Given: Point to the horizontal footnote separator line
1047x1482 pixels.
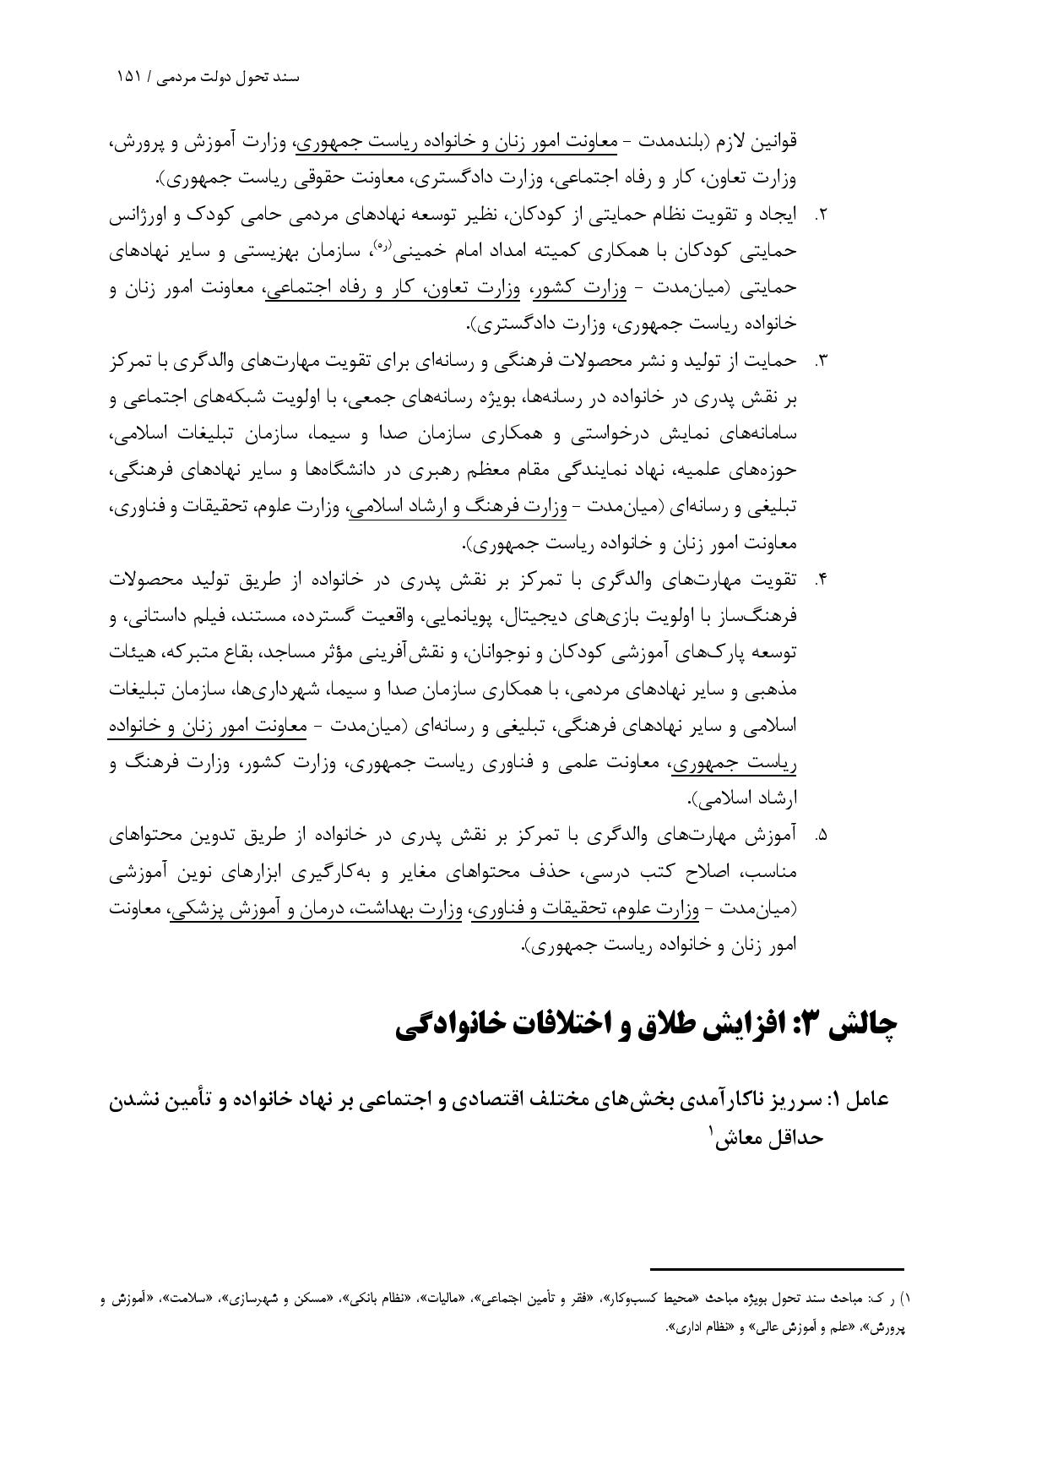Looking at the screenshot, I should (x=777, y=1268).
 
